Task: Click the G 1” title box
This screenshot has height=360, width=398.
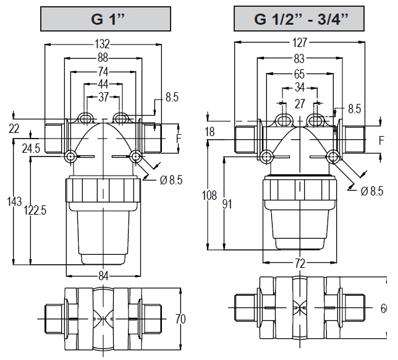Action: pos(106,19)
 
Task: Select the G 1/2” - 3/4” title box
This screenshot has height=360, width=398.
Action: pos(299,19)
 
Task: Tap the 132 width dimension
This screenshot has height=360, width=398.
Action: pos(103,44)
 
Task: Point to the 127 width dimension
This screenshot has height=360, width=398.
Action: pos(300,43)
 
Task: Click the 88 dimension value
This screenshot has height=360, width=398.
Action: pos(103,58)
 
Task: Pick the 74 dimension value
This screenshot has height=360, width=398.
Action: pos(103,72)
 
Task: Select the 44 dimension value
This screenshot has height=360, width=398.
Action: pos(103,84)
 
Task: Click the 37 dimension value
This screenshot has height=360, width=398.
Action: pos(103,96)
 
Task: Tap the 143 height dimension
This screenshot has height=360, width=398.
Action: pos(14,202)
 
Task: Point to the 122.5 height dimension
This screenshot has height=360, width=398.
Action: pos(35,210)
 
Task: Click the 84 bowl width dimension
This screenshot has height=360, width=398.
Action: pos(103,276)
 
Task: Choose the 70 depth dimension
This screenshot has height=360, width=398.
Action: pos(180,319)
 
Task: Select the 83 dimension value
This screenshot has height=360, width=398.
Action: pos(299,59)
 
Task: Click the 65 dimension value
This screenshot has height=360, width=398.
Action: pos(299,74)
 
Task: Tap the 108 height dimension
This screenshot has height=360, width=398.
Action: pos(209,195)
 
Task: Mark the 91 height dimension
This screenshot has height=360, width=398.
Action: pos(227,204)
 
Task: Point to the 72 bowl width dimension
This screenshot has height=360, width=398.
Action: pos(300,264)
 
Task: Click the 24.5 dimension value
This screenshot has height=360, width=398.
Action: pos(31,148)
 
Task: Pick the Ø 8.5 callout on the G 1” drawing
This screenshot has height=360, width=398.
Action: pos(171,180)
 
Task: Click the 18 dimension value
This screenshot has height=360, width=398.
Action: pos(210,132)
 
